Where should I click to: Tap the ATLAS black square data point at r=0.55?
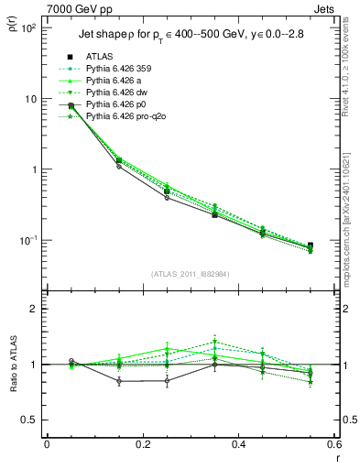coord(311,245)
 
